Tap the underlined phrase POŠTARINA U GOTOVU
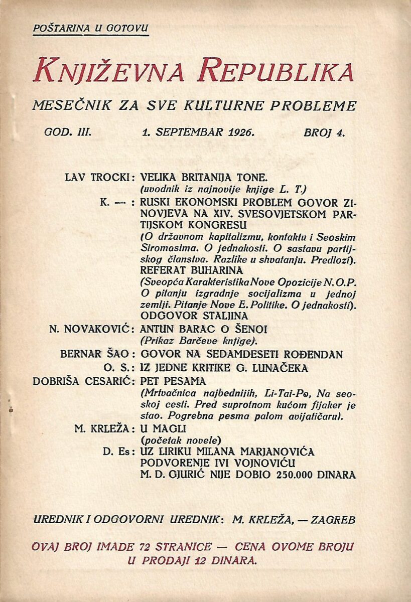point(91,28)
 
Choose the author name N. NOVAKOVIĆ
point(91,329)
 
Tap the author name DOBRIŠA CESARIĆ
point(83,380)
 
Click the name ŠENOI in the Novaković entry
point(249,329)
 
